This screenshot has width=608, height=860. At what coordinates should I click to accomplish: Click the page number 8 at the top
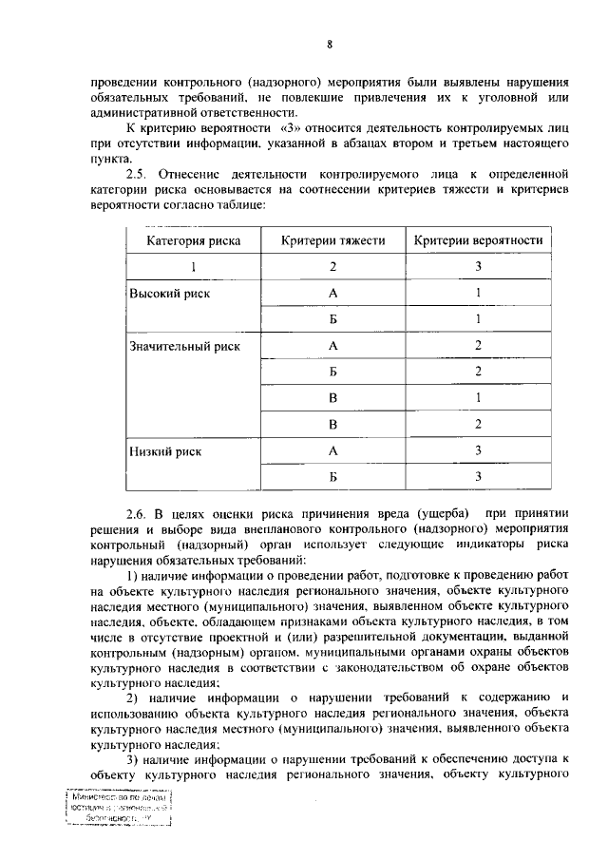[329, 45]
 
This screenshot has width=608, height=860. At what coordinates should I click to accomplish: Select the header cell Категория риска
[193, 241]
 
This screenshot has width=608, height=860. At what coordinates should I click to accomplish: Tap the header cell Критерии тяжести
[332, 241]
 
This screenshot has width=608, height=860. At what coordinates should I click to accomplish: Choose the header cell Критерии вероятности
[479, 241]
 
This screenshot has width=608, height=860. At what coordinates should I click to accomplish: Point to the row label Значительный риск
[184, 346]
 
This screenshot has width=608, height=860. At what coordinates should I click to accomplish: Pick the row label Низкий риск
[165, 450]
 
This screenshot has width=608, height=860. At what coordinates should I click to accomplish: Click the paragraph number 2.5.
[139, 175]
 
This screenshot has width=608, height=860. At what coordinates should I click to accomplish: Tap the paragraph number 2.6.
[139, 514]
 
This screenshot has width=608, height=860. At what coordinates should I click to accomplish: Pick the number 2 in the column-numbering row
[332, 268]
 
